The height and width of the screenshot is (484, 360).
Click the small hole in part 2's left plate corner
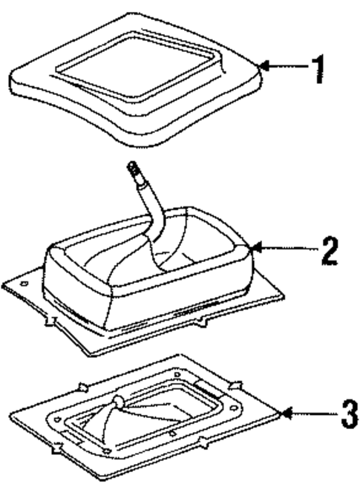[x=23, y=284]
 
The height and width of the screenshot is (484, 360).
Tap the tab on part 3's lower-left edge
[x=56, y=448]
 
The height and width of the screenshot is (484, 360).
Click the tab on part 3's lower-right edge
[x=203, y=445]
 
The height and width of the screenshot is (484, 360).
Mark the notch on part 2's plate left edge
[x=51, y=321]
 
